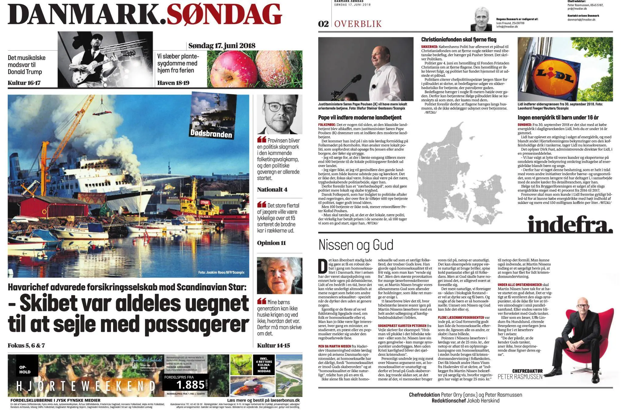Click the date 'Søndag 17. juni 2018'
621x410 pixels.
(222, 46)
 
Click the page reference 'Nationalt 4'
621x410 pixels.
(272, 190)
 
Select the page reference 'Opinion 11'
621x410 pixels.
(271, 243)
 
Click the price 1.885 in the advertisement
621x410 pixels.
(190, 385)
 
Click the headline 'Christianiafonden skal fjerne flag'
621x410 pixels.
(458, 40)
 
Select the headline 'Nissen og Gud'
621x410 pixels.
(356, 245)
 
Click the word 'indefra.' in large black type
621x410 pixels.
(570, 225)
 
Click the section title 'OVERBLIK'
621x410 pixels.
(358, 24)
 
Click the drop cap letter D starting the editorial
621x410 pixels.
(323, 266)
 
